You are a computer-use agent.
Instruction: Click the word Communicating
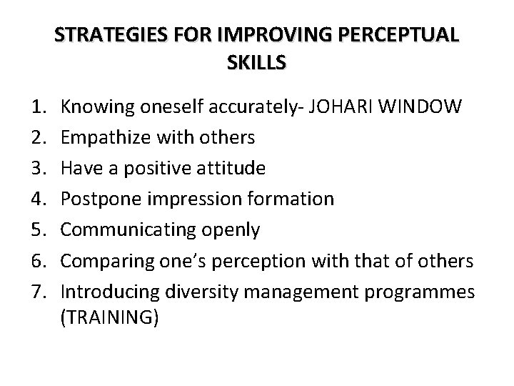tap(121, 229)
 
